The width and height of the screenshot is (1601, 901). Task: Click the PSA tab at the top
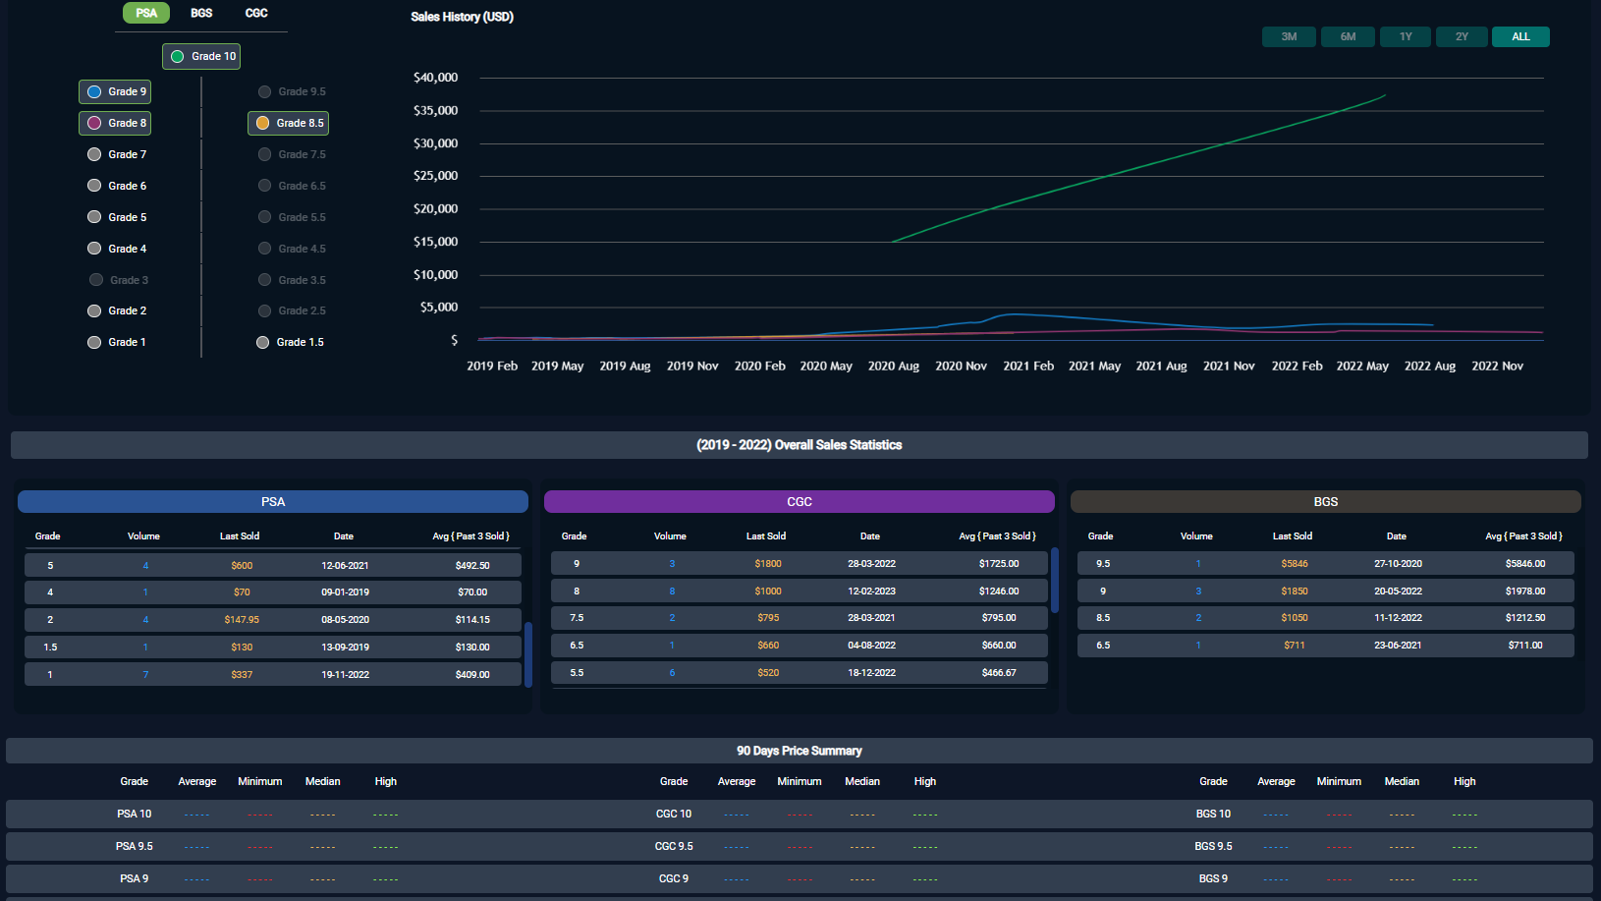click(146, 13)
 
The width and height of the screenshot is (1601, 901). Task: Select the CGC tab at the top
click(256, 13)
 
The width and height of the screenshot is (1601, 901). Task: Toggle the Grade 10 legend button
click(202, 56)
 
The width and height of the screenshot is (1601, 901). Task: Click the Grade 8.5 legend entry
click(289, 123)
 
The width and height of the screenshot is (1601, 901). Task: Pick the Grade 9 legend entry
click(116, 91)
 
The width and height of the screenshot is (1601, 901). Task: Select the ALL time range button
click(1520, 36)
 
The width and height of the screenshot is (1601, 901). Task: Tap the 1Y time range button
click(1406, 36)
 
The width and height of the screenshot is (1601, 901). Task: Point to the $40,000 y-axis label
click(435, 78)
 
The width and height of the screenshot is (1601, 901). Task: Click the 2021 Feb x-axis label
click(1028, 366)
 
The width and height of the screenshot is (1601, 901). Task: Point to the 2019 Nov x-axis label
click(692, 366)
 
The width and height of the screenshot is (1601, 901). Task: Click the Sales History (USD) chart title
click(462, 17)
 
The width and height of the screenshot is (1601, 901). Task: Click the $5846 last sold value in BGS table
click(1295, 564)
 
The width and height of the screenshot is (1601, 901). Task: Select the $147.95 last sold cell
click(242, 620)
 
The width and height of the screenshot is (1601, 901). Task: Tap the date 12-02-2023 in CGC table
click(871, 591)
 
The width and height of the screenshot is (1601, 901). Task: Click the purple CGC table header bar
click(799, 501)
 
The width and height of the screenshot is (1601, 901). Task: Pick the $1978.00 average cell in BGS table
click(1525, 591)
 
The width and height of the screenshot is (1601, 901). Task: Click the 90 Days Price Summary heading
click(799, 751)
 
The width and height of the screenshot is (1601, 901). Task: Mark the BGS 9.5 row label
click(1213, 846)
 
